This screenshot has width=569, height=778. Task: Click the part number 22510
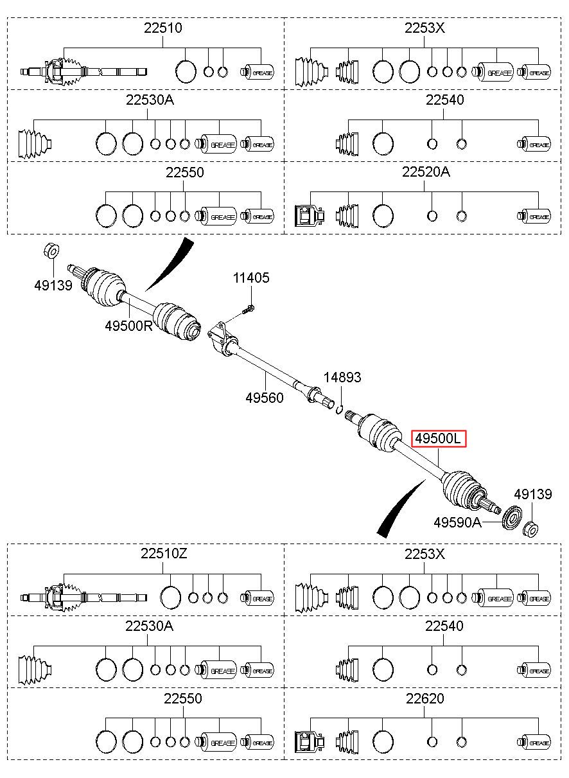click(x=163, y=28)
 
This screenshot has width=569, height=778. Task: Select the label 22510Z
click(x=164, y=554)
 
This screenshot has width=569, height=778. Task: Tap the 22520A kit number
click(x=426, y=172)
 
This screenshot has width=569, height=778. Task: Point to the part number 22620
click(x=425, y=698)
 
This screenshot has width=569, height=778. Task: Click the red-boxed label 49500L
click(x=438, y=438)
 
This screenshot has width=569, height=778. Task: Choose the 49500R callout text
click(x=129, y=326)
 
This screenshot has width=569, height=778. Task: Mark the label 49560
click(x=265, y=398)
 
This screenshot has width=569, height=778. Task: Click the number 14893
click(x=342, y=377)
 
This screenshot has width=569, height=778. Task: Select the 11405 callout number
click(x=251, y=278)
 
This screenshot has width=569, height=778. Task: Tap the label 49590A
click(x=457, y=522)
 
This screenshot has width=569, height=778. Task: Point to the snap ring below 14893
click(x=340, y=410)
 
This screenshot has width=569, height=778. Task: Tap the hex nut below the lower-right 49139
click(x=530, y=529)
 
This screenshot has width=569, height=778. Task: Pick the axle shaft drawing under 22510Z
click(x=83, y=598)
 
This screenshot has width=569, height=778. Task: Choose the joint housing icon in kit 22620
click(x=310, y=741)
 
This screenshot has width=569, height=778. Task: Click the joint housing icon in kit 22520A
click(x=310, y=216)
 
